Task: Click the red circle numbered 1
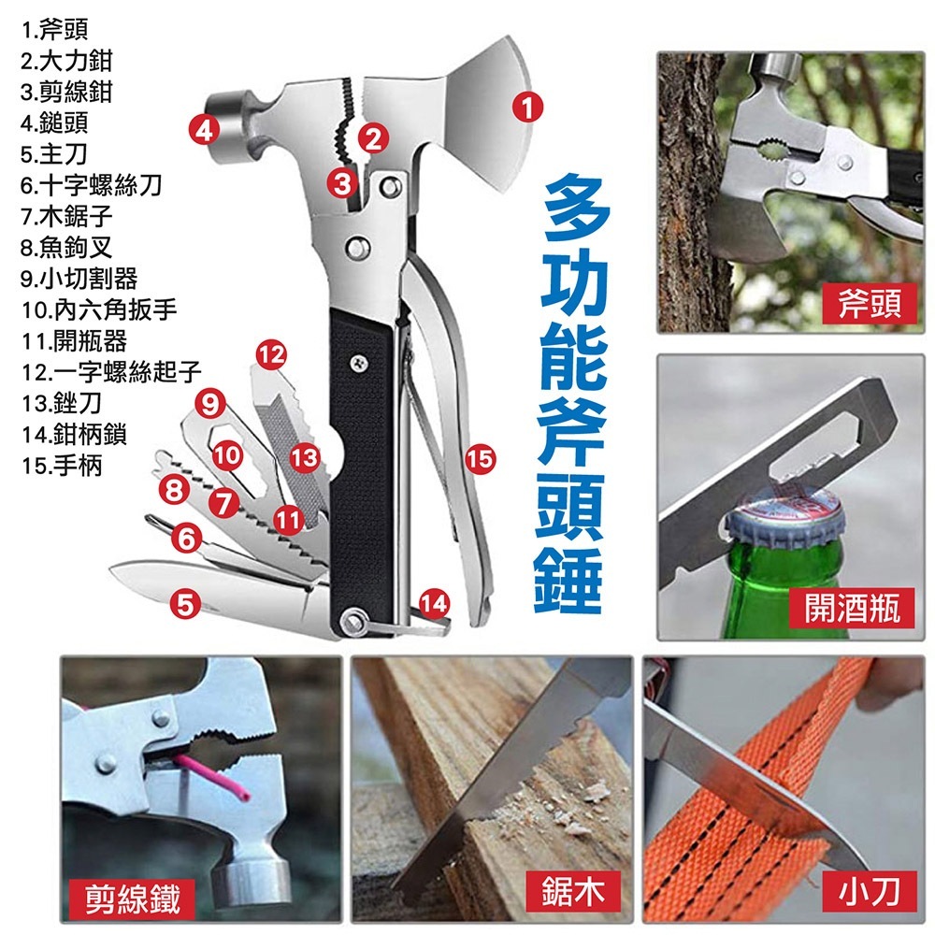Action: coord(527,107)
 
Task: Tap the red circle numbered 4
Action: coord(204,129)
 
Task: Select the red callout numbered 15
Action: coord(480,458)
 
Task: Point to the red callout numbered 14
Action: coord(434,603)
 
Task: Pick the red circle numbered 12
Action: coord(271,354)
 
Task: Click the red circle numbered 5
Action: coord(185,603)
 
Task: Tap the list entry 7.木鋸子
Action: coord(66,216)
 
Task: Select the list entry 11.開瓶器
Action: coord(74,340)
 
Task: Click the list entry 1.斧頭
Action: coord(54,29)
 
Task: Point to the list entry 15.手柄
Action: coord(62,465)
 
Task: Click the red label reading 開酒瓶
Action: coord(852,608)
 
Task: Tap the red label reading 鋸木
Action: coord(573,891)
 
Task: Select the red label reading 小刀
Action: coord(869,891)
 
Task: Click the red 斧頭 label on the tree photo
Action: coord(870,304)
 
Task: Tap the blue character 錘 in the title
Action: coord(568,581)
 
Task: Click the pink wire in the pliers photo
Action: coord(212,776)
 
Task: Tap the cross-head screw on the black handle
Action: coord(358,363)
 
